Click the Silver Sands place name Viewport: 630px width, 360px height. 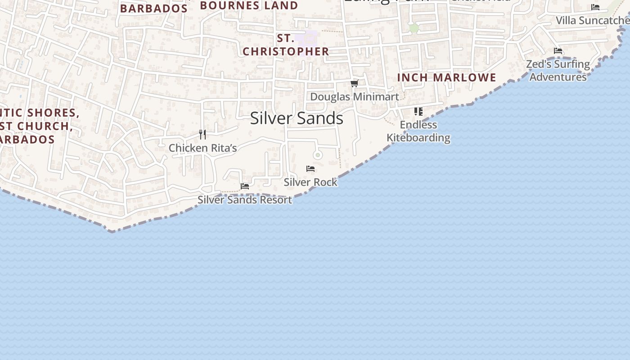click(x=297, y=118)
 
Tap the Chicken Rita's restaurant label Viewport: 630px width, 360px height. click(x=202, y=148)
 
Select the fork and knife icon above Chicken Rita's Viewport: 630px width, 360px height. click(x=202, y=134)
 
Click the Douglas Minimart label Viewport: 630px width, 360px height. click(x=355, y=97)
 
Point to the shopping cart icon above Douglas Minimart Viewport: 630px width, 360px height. click(x=355, y=83)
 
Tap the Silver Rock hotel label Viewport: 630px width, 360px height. click(x=310, y=182)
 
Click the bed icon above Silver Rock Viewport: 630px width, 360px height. click(x=310, y=169)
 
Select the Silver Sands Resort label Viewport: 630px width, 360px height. click(x=245, y=199)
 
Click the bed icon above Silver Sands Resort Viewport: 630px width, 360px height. click(x=245, y=186)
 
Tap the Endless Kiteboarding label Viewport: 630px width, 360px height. click(x=418, y=131)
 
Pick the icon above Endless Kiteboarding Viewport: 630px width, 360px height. click(x=418, y=111)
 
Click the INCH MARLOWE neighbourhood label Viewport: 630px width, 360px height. click(x=446, y=77)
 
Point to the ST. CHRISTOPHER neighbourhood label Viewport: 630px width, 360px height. click(x=286, y=45)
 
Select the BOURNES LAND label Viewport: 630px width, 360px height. click(x=249, y=6)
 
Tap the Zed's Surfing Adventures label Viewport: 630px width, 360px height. click(x=558, y=70)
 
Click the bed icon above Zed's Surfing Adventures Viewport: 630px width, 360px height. click(x=558, y=51)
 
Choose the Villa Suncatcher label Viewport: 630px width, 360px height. click(x=592, y=20)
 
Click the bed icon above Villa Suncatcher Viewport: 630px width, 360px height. click(x=595, y=7)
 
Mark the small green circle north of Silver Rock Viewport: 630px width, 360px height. click(x=318, y=155)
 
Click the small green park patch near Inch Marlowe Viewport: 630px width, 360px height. click(x=414, y=28)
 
